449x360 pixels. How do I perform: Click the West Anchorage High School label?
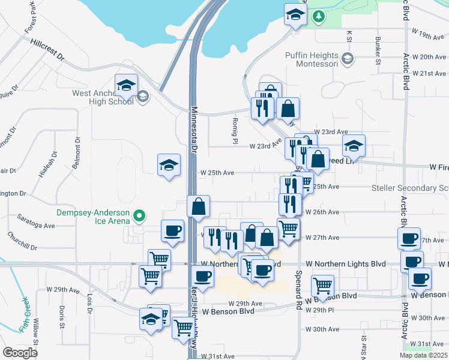[103, 97]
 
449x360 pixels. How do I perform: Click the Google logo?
[20, 352]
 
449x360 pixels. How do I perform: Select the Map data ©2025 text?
[424, 355]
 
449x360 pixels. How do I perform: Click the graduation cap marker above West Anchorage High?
[127, 86]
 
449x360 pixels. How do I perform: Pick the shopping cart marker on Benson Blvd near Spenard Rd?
[323, 285]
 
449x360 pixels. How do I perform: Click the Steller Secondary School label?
[410, 188]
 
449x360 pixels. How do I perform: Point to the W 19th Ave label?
[427, 37]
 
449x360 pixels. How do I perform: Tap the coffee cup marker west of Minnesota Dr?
[173, 231]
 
